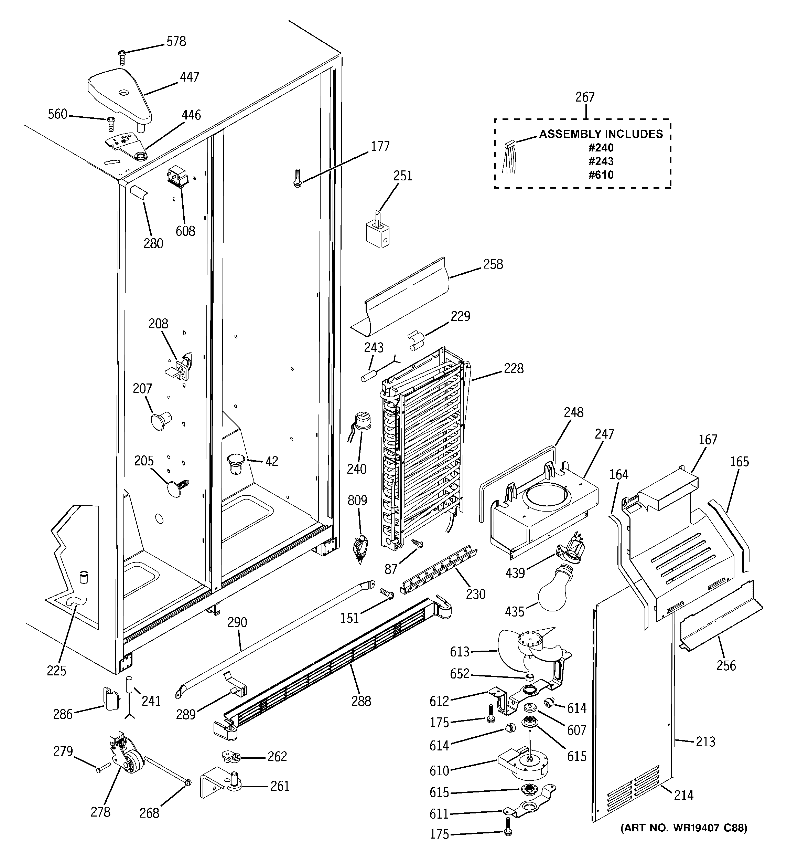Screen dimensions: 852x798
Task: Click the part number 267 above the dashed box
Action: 585,97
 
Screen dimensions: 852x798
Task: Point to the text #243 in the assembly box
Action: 601,161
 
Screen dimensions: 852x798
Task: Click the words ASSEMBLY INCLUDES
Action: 601,134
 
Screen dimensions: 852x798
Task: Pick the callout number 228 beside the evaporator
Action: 513,369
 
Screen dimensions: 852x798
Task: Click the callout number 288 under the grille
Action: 361,701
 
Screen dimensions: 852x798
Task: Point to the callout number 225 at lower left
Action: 56,670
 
